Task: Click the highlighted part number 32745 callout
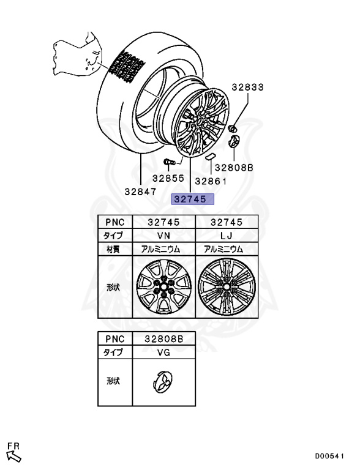point(193,199)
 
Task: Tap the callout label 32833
point(247,88)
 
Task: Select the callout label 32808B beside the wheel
point(234,168)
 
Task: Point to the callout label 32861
point(211,181)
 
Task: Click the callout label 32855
point(168,178)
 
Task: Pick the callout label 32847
point(141,191)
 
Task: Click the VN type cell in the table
point(164,236)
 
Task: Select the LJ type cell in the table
point(227,236)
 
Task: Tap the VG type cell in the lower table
point(164,352)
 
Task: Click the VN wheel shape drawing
point(164,287)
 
